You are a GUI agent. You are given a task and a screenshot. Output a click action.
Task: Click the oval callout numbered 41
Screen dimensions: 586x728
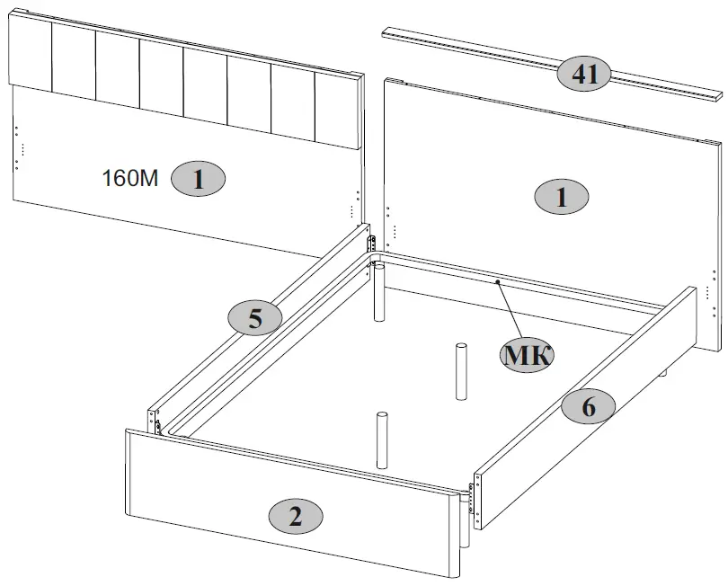tap(584, 73)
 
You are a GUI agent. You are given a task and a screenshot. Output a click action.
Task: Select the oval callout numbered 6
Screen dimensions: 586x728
tap(588, 406)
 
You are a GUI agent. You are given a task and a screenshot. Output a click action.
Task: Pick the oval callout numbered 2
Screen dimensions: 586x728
tap(296, 515)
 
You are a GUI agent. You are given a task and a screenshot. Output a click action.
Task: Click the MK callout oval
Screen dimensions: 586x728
tap(527, 355)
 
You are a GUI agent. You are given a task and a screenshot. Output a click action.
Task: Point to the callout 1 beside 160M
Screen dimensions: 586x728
tap(199, 178)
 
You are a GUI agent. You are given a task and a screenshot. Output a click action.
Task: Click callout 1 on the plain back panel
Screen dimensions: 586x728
tap(561, 197)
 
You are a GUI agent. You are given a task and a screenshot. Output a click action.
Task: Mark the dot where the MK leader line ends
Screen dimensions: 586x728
tap(496, 281)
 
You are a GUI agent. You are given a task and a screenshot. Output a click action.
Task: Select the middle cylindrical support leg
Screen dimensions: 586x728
tap(461, 370)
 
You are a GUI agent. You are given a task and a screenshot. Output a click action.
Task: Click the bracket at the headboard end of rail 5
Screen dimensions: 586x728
tap(369, 237)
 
